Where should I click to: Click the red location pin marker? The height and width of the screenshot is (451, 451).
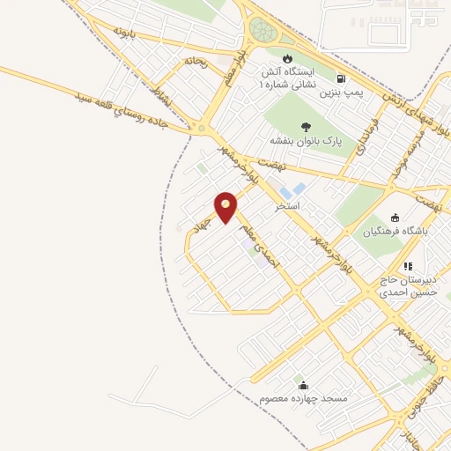point(226,207)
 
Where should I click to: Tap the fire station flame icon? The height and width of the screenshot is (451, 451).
point(287,60)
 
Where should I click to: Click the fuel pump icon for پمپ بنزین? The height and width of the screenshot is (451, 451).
point(341,78)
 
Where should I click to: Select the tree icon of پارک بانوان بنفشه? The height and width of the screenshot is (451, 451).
point(306,126)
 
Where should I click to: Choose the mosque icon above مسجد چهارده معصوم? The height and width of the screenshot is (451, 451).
point(304,386)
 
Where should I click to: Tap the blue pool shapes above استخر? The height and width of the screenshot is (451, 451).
point(293,190)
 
